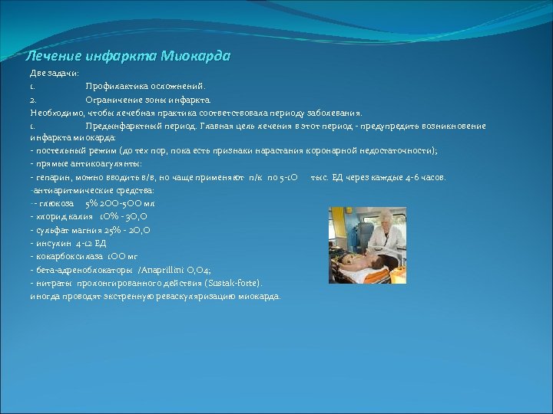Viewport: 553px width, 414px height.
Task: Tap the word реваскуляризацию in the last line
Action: [199, 295]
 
